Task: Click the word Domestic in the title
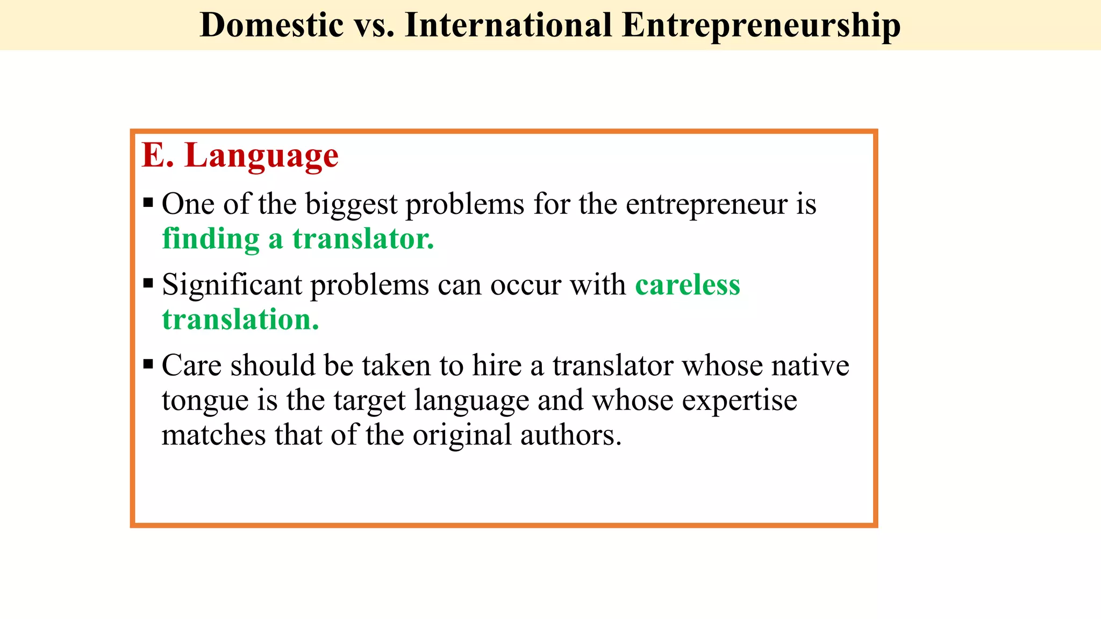coord(271,25)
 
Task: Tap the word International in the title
coord(508,25)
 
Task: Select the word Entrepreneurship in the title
coord(761,25)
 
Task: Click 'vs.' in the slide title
coord(374,25)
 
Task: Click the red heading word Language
coord(261,156)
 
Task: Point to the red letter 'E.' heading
coord(158,156)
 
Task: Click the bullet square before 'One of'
coord(148,204)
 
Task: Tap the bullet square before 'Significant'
coord(148,283)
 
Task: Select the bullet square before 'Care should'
coord(148,364)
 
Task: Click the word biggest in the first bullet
coord(351,205)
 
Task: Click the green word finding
coord(211,239)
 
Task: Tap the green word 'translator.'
coord(363,239)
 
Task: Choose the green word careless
coord(687,285)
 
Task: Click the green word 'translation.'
coord(240,320)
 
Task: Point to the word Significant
coord(232,285)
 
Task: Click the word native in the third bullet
coord(810,366)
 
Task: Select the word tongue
coord(205,401)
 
